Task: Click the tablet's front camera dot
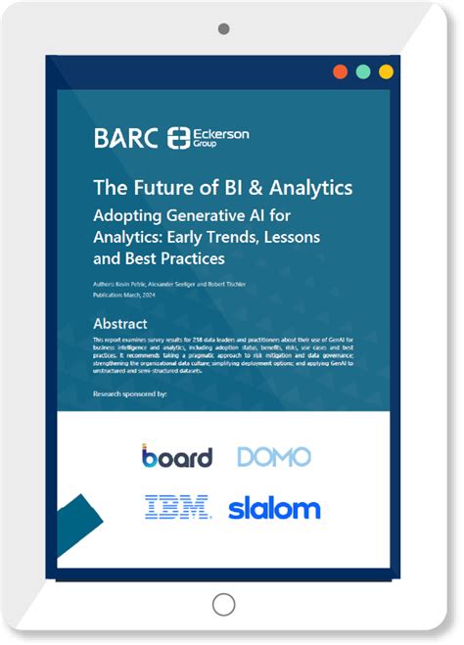(223, 29)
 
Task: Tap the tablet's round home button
(223, 604)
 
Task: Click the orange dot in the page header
(340, 71)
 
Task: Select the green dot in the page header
(362, 71)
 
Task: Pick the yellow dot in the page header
(386, 71)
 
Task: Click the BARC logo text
(125, 137)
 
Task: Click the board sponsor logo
(176, 456)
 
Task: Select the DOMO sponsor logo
(273, 456)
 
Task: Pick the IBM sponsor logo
(177, 507)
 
